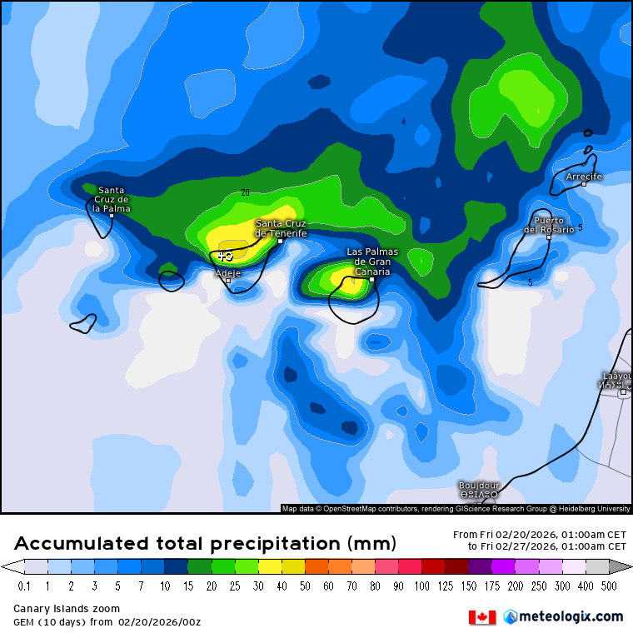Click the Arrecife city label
click(584, 177)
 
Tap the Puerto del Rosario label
click(549, 225)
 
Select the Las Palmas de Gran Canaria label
click(372, 262)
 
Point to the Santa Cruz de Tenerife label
click(281, 228)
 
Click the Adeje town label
click(227, 272)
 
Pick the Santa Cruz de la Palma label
click(112, 199)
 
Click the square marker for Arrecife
click(584, 183)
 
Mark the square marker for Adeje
click(228, 280)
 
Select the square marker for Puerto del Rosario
click(549, 237)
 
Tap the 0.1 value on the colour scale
click(24, 586)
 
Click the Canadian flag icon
click(482, 616)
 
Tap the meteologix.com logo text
click(570, 616)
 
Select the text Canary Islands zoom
click(67, 609)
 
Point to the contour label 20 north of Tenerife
click(245, 192)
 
